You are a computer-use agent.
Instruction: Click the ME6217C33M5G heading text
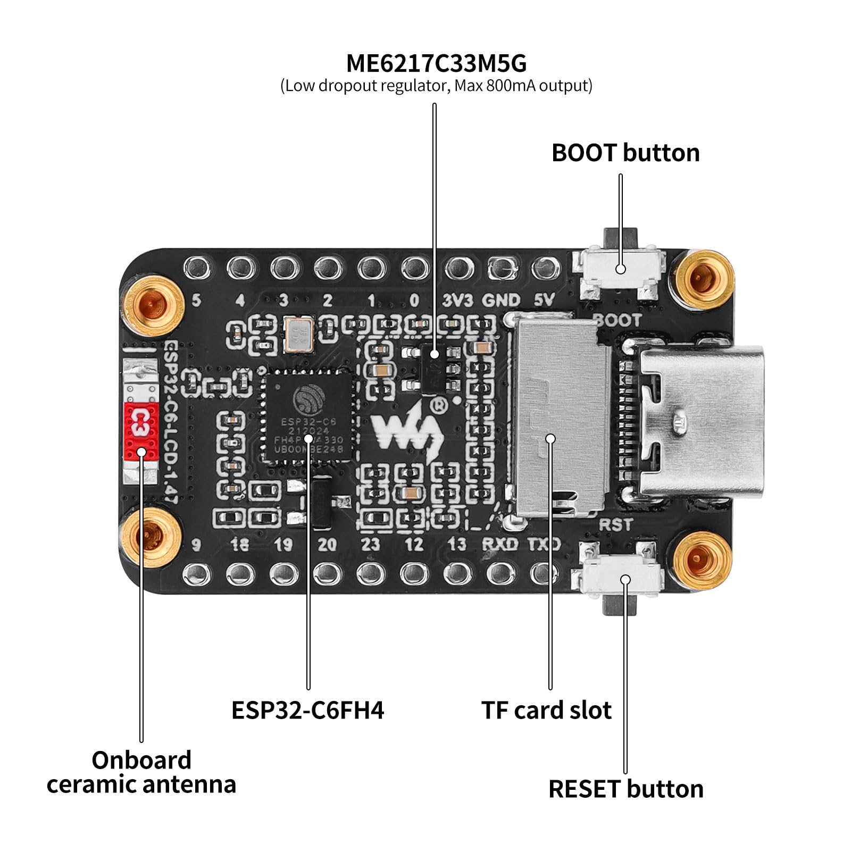(x=436, y=63)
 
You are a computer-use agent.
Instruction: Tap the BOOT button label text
(x=625, y=153)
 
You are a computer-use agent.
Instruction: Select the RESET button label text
(x=625, y=789)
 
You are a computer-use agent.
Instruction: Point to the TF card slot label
(x=546, y=710)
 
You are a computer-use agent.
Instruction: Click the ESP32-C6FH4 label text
(x=307, y=710)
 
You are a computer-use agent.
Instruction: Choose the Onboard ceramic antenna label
(x=141, y=772)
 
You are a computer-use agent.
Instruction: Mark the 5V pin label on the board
(x=544, y=301)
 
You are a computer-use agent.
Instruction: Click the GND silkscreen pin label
(x=500, y=301)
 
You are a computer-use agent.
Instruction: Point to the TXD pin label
(x=544, y=544)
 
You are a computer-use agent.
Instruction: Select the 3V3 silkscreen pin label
(x=457, y=301)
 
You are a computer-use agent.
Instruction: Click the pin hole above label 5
(x=197, y=268)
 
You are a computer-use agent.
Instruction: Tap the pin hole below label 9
(x=197, y=573)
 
